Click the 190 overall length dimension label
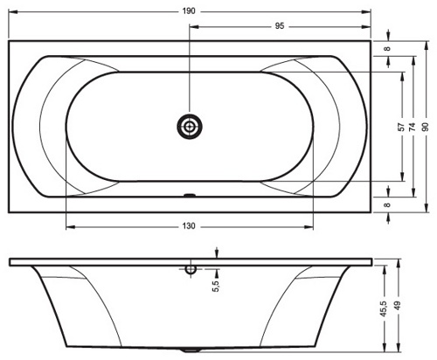tap(189, 11)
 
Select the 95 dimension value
tap(279, 26)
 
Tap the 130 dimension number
tap(189, 226)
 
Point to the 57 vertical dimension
tap(402, 127)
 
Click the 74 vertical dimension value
tap(412, 127)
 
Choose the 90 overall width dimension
tap(426, 127)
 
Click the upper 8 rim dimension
tap(387, 48)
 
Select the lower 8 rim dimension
tap(387, 204)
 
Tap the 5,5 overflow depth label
tap(217, 286)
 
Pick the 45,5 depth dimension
tap(384, 309)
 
